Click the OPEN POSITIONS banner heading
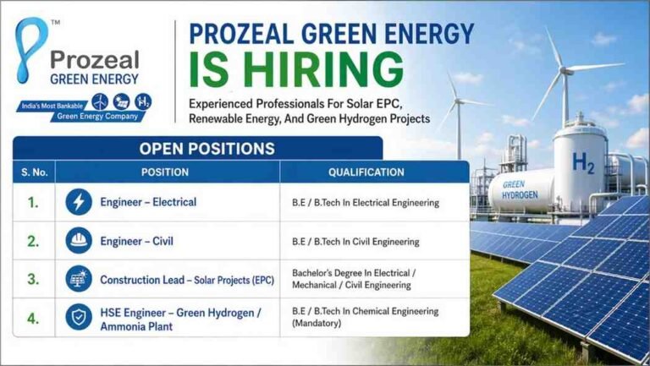(x=207, y=149)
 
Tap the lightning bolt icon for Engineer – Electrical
(x=80, y=203)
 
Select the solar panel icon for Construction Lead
(x=80, y=279)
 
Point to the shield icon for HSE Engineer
(x=80, y=317)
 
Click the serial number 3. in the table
(x=32, y=279)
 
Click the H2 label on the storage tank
(x=582, y=162)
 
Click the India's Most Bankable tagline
(x=51, y=107)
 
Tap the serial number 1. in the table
(x=32, y=203)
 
